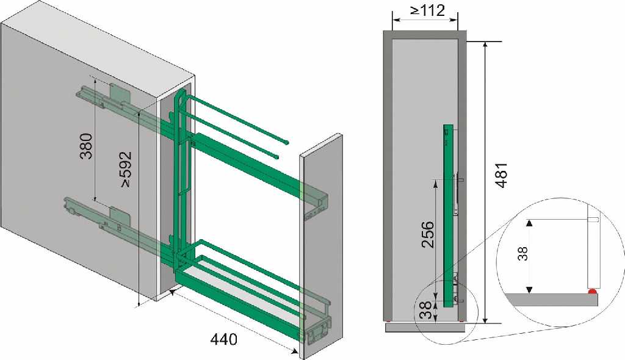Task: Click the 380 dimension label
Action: click(87, 146)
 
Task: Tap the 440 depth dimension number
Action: click(223, 339)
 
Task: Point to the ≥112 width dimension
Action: click(427, 10)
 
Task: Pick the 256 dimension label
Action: click(428, 234)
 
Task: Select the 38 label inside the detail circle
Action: click(523, 254)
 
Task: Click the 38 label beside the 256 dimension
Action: click(426, 309)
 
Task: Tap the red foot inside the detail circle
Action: click(593, 292)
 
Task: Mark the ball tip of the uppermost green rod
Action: click(287, 142)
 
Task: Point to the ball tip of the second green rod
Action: click(275, 156)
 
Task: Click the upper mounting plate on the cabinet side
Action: click(120, 94)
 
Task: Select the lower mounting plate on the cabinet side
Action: click(120, 216)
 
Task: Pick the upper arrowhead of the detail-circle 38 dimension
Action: click(529, 223)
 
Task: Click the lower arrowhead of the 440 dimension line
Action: click(295, 351)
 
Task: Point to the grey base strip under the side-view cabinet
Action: click(425, 327)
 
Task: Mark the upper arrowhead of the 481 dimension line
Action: click(485, 45)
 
